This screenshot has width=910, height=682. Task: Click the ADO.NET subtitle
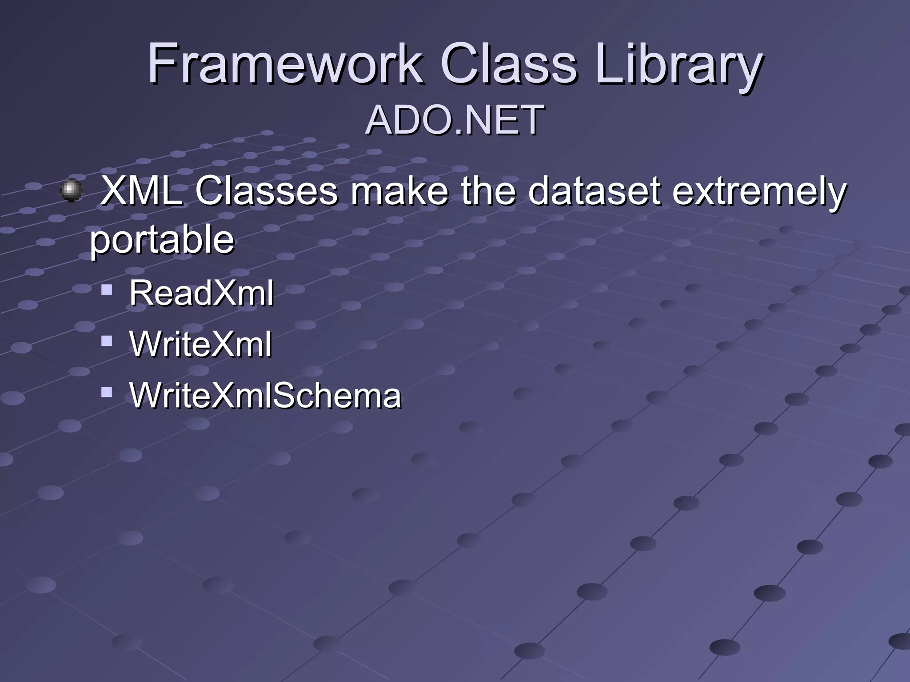tap(455, 120)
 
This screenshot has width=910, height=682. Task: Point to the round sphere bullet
tap(71, 190)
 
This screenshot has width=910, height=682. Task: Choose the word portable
tap(162, 240)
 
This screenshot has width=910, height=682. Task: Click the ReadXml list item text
tap(201, 293)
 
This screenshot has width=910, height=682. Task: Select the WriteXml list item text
tap(200, 344)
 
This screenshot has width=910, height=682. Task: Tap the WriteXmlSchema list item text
tap(265, 395)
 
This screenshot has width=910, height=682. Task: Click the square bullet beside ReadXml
tap(107, 290)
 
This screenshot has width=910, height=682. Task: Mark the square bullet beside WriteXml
tap(107, 341)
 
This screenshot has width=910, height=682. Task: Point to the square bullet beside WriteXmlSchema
tap(107, 392)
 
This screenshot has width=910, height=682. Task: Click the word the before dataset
tap(488, 191)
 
